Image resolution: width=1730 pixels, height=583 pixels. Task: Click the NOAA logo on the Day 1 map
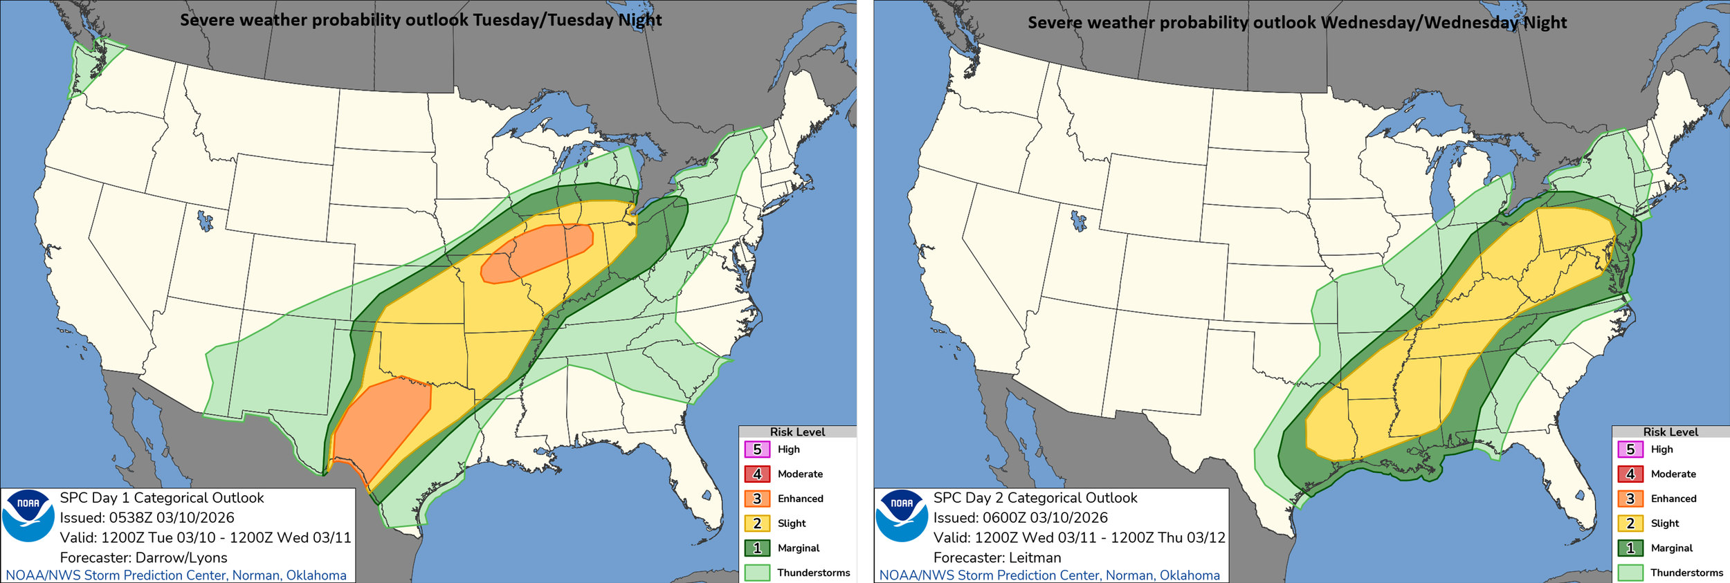click(28, 516)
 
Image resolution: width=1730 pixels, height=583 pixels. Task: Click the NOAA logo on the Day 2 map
click(901, 516)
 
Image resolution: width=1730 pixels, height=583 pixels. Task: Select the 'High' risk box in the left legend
click(757, 450)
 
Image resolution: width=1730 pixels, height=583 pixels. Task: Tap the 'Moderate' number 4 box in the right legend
click(1630, 474)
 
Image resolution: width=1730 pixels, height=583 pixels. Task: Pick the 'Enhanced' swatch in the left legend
click(757, 499)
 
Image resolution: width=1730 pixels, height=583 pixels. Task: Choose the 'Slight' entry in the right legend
click(1630, 524)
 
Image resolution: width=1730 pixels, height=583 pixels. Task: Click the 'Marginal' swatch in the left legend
click(757, 548)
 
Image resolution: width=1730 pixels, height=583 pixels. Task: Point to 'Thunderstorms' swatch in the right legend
click(1630, 573)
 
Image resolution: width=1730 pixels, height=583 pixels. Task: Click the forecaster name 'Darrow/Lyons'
click(181, 557)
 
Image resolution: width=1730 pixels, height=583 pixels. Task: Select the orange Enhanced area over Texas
click(381, 429)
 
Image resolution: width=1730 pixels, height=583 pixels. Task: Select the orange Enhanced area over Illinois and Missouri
click(536, 252)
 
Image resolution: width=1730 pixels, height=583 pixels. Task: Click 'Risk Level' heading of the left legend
click(797, 432)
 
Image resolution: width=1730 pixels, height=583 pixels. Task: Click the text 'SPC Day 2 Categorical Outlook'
click(1035, 498)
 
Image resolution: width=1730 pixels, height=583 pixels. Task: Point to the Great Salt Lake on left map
click(205, 221)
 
